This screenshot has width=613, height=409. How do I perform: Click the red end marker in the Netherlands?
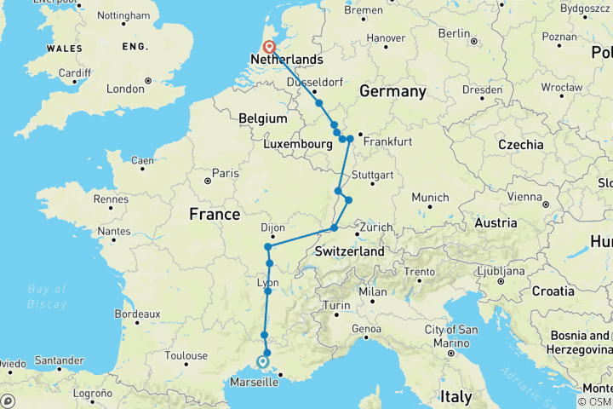269,47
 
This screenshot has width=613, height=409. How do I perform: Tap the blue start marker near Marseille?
263,362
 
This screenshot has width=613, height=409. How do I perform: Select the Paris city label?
226,174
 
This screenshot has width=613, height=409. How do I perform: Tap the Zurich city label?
375,228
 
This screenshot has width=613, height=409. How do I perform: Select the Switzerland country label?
349,252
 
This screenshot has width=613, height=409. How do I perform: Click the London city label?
125,89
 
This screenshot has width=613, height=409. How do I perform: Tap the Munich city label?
429,198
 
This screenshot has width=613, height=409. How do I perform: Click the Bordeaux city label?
136,314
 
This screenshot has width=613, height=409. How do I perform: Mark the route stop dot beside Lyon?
267,292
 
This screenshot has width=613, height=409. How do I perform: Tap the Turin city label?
335,305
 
